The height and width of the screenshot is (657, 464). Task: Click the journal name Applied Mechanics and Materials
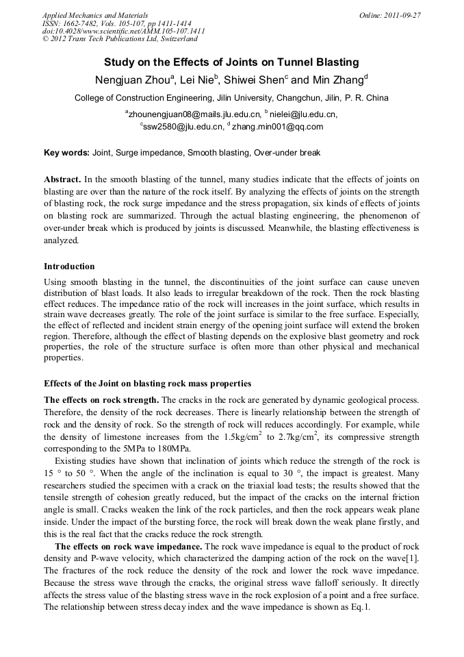(x=95, y=15)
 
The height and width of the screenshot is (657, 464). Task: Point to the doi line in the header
(x=123, y=32)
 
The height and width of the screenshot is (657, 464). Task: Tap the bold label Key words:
(x=66, y=152)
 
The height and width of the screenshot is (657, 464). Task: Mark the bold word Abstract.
(x=63, y=177)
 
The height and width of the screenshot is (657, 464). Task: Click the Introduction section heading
(x=69, y=266)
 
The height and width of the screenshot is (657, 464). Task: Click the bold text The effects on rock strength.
(x=101, y=399)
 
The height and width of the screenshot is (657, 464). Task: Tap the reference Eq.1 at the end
(x=359, y=607)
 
